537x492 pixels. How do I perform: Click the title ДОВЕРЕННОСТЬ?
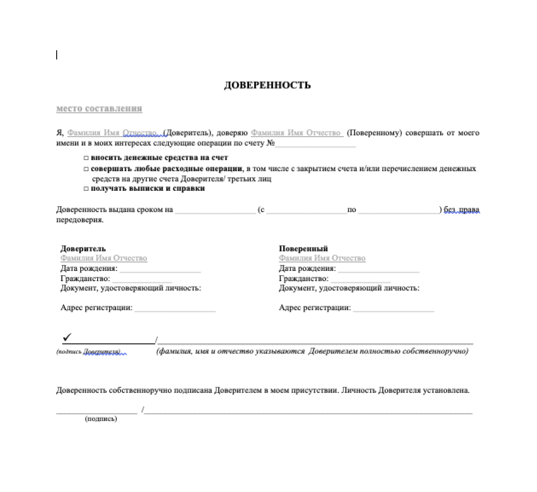(267, 85)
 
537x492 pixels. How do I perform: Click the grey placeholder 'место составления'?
(99, 109)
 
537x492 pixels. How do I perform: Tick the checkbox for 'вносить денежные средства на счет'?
(86, 158)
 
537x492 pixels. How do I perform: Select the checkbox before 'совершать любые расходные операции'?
(86, 169)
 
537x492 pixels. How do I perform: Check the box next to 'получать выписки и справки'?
(86, 189)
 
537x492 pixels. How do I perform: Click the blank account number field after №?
(315, 144)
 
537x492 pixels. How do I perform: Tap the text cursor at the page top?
(57, 55)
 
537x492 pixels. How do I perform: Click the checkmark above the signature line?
(67, 337)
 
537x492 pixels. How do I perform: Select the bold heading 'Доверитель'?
(83, 249)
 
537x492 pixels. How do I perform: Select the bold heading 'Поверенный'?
(303, 249)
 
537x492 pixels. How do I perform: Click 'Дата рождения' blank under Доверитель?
(160, 270)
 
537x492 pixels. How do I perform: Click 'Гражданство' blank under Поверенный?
(361, 280)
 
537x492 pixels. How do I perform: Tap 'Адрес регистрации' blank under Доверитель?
(175, 309)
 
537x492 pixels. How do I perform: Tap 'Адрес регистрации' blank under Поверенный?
(393, 309)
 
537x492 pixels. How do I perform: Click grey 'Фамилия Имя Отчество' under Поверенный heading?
(322, 259)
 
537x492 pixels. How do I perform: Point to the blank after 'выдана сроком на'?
(215, 210)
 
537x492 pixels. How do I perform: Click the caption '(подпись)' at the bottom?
(101, 419)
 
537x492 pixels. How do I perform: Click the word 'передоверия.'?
(80, 220)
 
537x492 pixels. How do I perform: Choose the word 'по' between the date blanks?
(352, 210)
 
